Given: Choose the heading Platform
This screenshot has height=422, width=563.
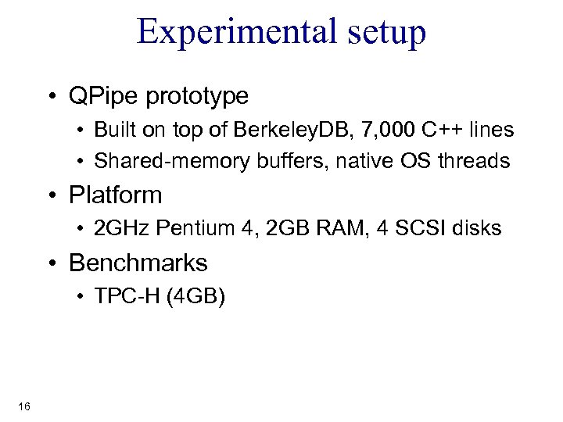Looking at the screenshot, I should pyautogui.click(x=116, y=195).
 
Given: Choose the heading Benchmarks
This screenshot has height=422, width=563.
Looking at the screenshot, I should pyautogui.click(x=138, y=263).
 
